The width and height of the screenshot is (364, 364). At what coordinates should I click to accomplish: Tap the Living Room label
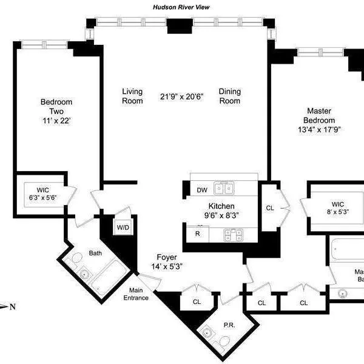click(132, 96)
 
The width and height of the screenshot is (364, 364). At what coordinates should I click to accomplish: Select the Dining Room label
click(230, 96)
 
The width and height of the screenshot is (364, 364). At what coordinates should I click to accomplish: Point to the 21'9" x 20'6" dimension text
click(181, 96)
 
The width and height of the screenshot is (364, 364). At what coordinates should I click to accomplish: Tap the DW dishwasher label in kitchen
click(201, 190)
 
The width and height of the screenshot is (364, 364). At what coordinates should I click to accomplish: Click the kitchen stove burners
click(232, 234)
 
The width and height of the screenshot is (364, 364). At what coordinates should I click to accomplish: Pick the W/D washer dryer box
click(123, 227)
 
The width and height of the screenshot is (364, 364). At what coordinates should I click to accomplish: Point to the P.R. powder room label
click(229, 325)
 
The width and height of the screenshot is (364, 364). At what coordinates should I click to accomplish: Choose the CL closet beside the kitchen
click(270, 207)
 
